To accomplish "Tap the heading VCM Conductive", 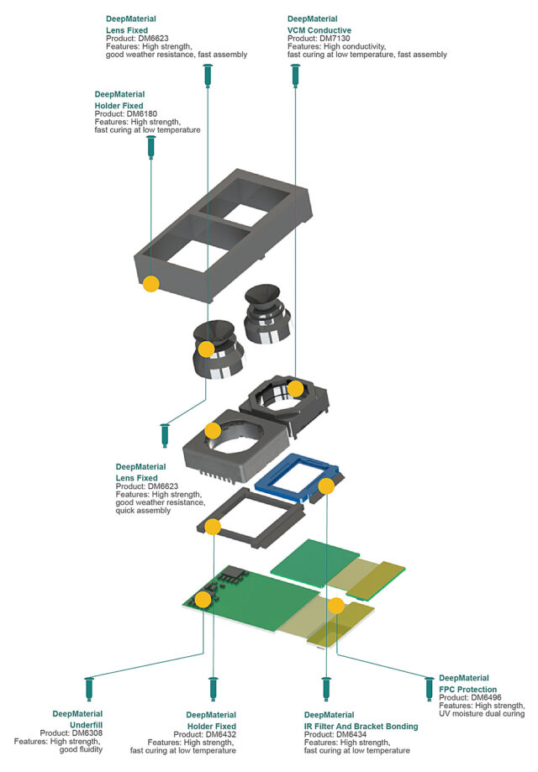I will click(x=319, y=29).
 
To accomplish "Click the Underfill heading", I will click(x=84, y=723).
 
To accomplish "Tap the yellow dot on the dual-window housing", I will click(x=150, y=284).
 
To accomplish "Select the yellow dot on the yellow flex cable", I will click(x=335, y=605).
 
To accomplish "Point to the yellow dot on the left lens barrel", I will click(x=207, y=349).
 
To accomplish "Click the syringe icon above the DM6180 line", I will click(x=151, y=148).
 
